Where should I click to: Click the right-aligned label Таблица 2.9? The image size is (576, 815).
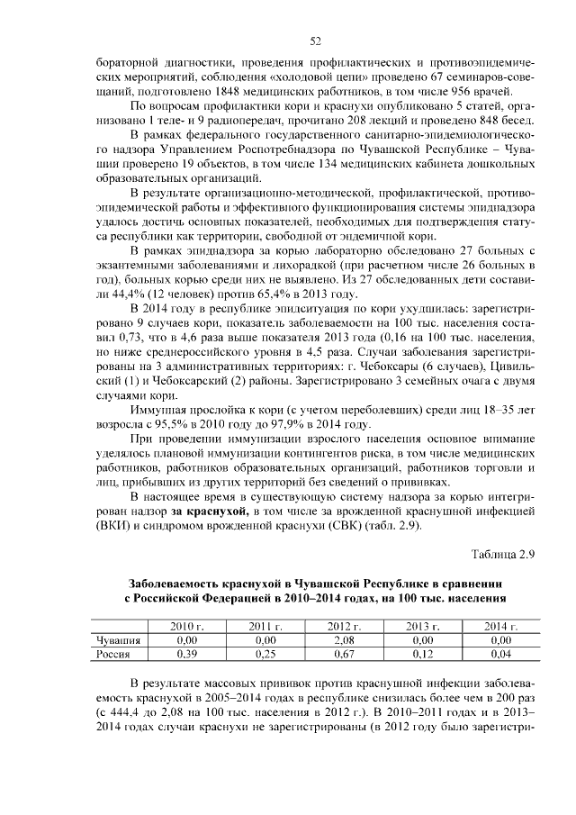[503, 555]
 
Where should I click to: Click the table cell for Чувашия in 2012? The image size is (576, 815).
[343, 640]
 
